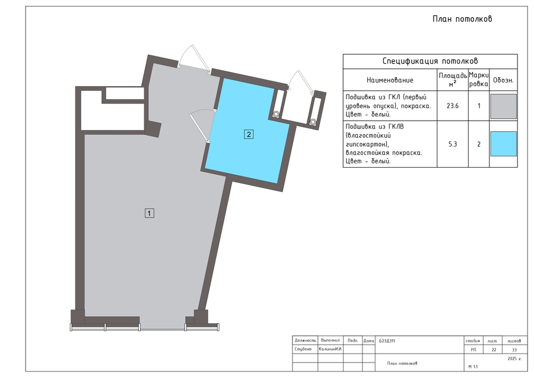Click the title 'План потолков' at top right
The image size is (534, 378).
click(462, 19)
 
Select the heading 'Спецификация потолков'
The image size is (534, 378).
click(430, 61)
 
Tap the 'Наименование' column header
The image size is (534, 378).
click(390, 80)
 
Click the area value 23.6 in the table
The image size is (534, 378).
click(453, 106)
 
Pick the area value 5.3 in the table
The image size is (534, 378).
click(453, 144)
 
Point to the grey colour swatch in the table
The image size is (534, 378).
click(503, 106)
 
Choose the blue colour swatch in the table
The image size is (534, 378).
click(503, 144)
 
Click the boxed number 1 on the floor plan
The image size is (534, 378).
click(150, 213)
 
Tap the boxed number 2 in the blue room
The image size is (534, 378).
click(249, 134)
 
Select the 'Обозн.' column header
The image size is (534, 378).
click(503, 80)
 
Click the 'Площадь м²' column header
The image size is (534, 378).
click(453, 80)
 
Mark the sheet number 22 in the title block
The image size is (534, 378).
click(494, 349)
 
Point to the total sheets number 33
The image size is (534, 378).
click(514, 349)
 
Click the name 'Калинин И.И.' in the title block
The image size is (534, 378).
click(330, 349)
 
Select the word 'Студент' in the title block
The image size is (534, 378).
click(303, 349)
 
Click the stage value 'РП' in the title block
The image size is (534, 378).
click(473, 349)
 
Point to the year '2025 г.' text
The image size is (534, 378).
click(514, 358)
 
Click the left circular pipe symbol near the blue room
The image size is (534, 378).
click(276, 114)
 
